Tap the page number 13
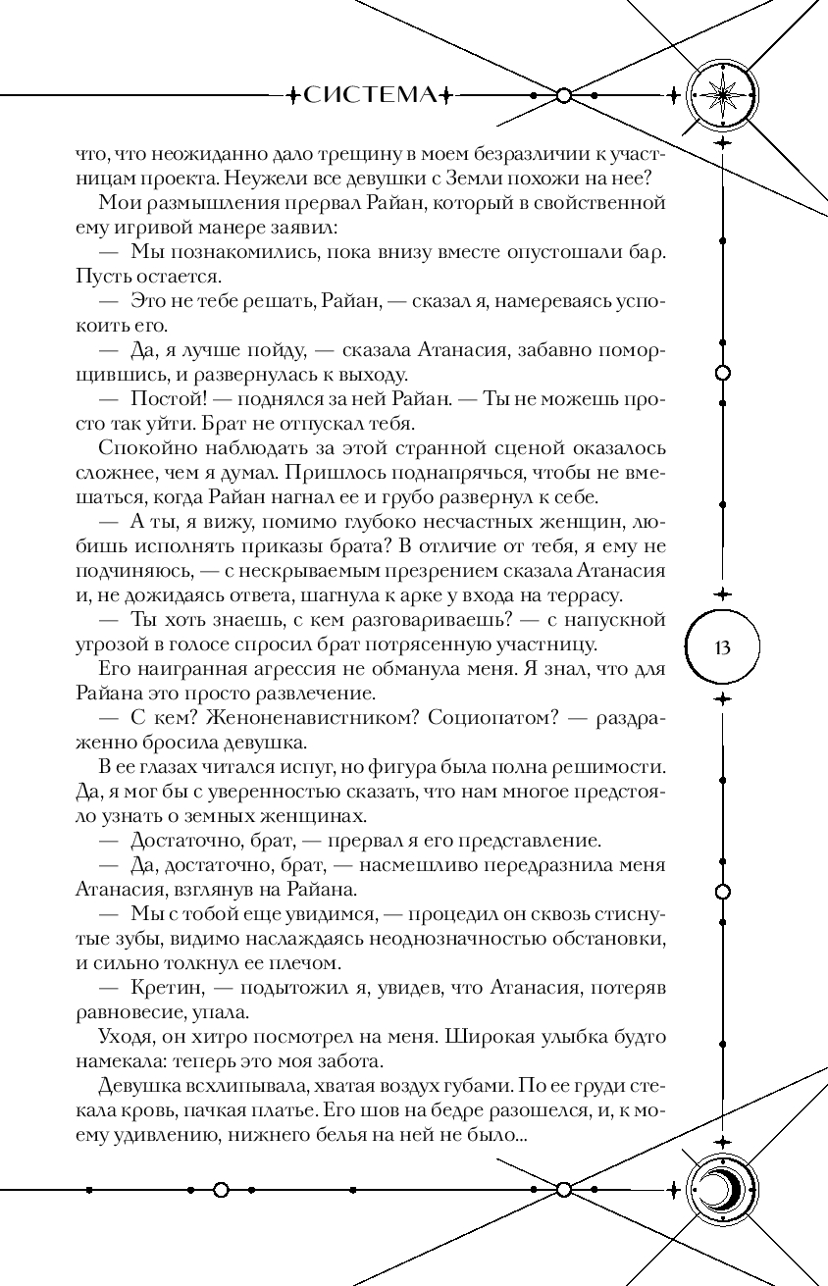click(724, 647)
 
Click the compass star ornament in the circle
click(725, 95)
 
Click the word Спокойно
click(143, 448)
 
